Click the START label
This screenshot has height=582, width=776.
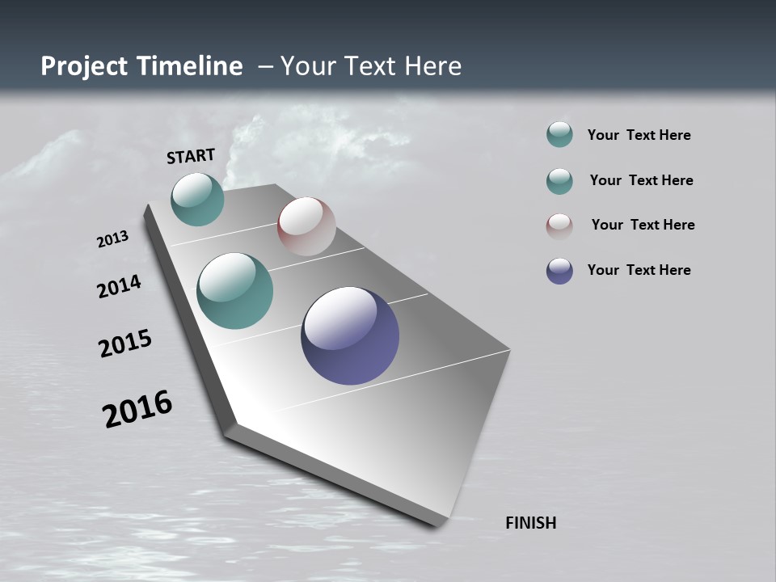click(191, 156)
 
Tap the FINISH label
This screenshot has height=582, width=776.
click(530, 523)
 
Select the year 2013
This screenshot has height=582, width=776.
click(112, 239)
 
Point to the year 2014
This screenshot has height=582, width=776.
click(119, 286)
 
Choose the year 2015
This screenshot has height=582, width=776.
click(125, 344)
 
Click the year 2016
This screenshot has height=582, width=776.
click(137, 408)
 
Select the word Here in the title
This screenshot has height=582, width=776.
click(432, 66)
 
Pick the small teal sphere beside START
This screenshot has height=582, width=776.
click(197, 199)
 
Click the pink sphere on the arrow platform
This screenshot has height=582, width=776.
click(306, 226)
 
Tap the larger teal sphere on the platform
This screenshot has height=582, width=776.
click(234, 291)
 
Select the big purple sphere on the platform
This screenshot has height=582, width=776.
click(350, 335)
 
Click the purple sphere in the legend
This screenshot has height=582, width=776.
click(559, 271)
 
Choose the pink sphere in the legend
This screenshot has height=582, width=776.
click(559, 226)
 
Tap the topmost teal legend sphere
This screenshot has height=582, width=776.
click(559, 135)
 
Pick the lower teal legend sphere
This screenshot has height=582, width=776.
click(559, 181)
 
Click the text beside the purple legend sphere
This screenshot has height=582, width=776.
click(639, 270)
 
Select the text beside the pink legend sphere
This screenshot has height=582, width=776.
click(643, 225)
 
